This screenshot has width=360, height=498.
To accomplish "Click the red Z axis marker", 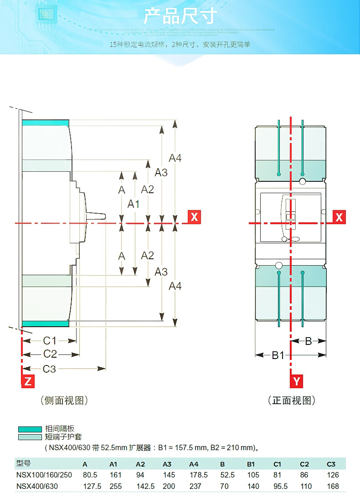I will (28, 381).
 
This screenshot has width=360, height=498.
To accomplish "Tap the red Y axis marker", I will (297, 381).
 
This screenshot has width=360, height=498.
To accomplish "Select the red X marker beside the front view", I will (339, 217).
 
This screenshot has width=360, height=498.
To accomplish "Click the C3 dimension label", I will (49, 369).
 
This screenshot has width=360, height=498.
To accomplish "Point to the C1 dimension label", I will (49, 340).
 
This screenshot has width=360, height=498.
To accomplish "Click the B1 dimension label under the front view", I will (278, 355).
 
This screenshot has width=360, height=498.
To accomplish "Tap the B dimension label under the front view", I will (308, 341).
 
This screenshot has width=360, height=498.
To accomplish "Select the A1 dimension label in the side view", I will (133, 204).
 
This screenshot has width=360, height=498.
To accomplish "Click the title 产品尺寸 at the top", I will (180, 16).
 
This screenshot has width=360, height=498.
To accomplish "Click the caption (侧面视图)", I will (64, 400).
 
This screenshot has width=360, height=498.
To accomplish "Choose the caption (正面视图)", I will (292, 400).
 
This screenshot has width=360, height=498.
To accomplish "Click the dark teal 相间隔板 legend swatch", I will (30, 429).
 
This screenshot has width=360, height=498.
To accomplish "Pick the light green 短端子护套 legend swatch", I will (30, 437).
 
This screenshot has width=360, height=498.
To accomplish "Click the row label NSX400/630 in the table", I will (37, 486).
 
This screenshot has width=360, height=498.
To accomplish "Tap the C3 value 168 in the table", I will (333, 486).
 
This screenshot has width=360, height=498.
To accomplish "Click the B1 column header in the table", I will (251, 464).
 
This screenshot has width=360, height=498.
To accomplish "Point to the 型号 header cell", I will (23, 464).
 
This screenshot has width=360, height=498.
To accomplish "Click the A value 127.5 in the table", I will (92, 486).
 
